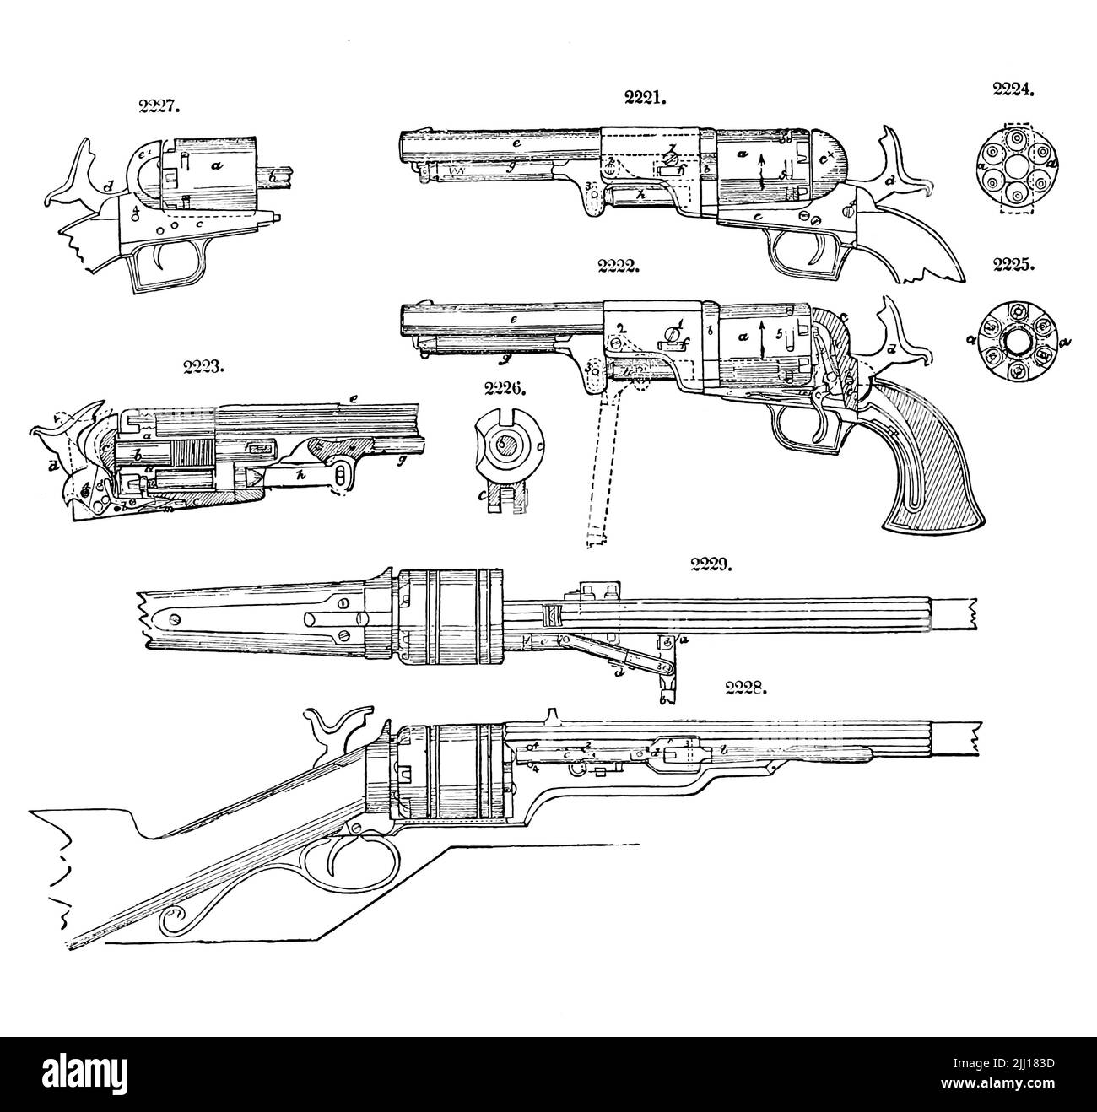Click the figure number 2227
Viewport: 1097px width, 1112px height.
[x=159, y=107]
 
